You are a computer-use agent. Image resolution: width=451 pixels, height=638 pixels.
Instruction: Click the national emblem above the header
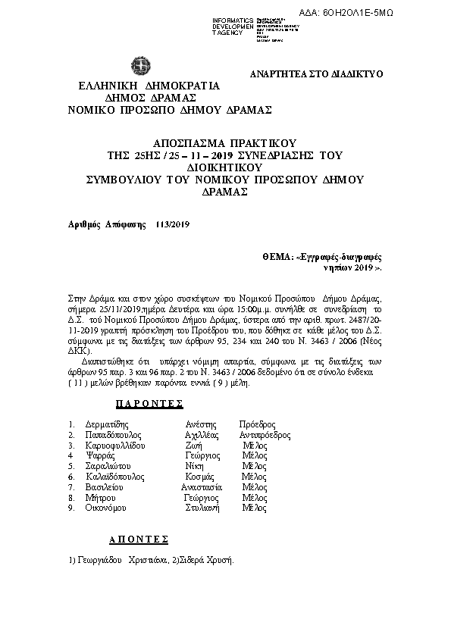(141, 66)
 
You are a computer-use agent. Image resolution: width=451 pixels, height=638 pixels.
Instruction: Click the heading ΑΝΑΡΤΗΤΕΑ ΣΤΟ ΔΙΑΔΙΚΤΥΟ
(316, 73)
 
